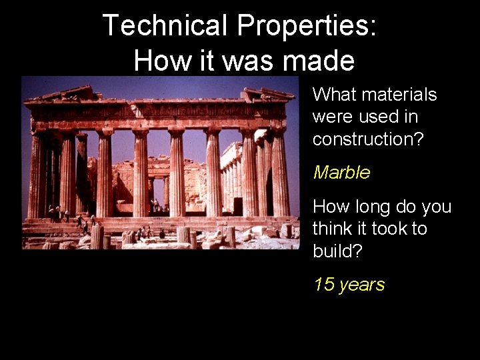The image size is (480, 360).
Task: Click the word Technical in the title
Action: click(165, 26)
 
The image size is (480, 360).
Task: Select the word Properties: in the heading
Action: click(306, 26)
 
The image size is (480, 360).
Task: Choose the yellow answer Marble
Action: click(341, 173)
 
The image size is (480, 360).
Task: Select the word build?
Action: click(338, 251)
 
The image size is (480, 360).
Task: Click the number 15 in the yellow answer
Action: click(324, 285)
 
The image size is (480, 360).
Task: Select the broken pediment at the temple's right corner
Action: click(267, 95)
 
